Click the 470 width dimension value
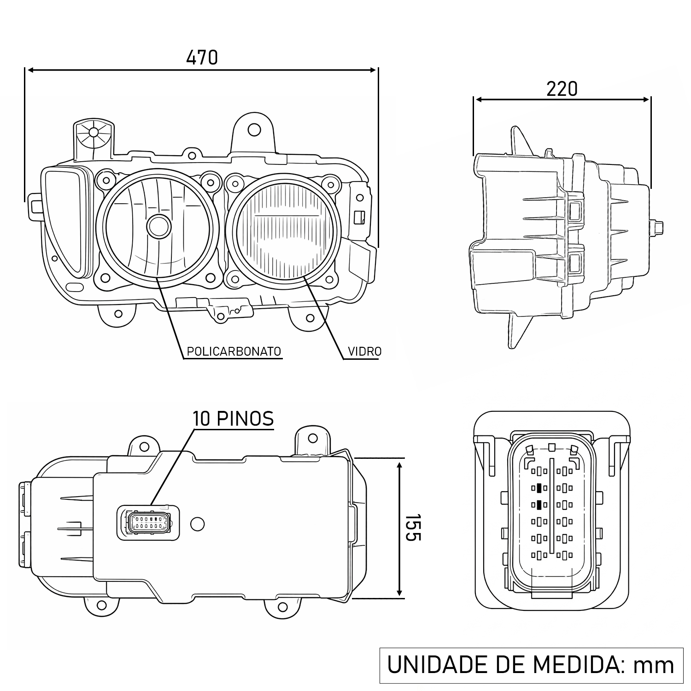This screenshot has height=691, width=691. tap(202, 58)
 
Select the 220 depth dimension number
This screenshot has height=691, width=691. tap(562, 89)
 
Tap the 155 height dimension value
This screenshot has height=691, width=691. tap(413, 527)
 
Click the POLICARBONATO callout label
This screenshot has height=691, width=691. tap(234, 351)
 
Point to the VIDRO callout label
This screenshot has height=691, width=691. tap(364, 351)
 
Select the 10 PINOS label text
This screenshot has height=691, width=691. tap(233, 419)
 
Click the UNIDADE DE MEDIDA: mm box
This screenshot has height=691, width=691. tap(531, 665)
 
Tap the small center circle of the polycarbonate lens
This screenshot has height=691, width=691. tap(159, 226)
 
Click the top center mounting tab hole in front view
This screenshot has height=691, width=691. tap(254, 129)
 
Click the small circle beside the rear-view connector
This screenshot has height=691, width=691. tap(197, 524)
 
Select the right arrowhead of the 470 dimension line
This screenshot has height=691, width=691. tap(374, 70)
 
